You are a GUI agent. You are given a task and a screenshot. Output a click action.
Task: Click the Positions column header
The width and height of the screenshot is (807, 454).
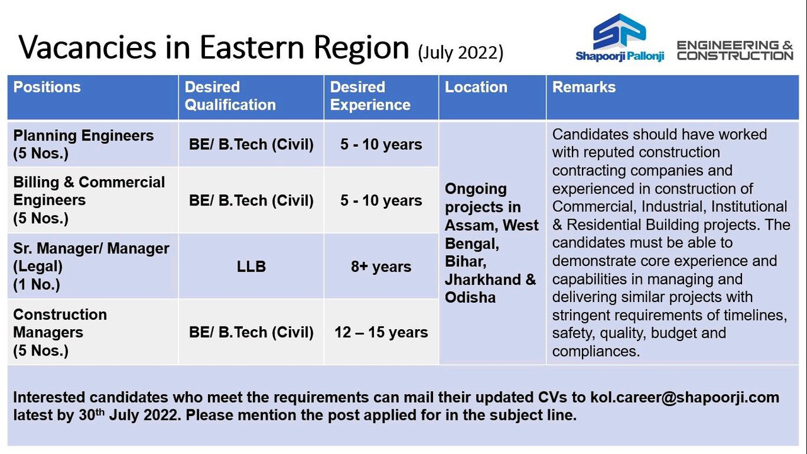click(47, 87)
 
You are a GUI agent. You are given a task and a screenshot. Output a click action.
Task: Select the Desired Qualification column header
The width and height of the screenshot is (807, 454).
click(230, 96)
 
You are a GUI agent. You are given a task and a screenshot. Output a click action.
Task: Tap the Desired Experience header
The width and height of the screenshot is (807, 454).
click(370, 96)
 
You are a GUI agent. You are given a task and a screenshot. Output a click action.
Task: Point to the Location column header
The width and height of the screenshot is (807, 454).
click(475, 87)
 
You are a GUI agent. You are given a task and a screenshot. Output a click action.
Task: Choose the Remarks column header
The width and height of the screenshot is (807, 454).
click(584, 87)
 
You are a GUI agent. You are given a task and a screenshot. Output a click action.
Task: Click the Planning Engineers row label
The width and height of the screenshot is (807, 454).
click(83, 144)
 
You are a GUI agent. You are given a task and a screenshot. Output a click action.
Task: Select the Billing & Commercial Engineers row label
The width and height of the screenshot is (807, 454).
click(89, 200)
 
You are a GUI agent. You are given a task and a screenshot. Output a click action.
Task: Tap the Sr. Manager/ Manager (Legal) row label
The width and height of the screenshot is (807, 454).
click(91, 266)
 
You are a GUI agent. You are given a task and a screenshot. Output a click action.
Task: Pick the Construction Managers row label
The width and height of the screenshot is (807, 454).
click(60, 332)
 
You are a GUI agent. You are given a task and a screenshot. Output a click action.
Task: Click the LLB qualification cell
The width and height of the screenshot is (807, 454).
click(251, 267)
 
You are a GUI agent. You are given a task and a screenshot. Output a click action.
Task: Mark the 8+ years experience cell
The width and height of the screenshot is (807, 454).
click(381, 267)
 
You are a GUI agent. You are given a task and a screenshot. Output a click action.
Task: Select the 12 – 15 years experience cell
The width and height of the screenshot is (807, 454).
click(381, 332)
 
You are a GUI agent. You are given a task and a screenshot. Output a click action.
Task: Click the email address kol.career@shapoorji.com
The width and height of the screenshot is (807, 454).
click(685, 397)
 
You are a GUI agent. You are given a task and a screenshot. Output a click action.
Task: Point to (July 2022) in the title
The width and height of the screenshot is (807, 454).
click(460, 52)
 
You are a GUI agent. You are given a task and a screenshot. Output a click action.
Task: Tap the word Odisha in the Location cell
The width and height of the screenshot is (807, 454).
click(470, 298)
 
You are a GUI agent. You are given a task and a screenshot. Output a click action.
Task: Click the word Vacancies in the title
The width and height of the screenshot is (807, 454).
click(88, 47)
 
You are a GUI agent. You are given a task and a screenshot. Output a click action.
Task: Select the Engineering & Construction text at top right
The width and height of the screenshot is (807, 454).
click(735, 50)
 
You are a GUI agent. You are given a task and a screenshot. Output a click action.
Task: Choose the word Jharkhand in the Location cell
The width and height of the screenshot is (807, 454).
click(483, 279)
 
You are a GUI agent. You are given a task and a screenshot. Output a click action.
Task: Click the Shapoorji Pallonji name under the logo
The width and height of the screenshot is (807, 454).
click(620, 56)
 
